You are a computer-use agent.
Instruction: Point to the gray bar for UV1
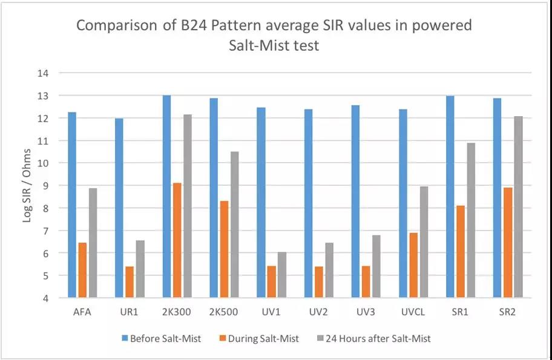point(282,275)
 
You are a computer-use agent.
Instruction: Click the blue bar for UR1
point(119,208)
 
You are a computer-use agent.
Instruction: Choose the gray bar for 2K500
point(234,224)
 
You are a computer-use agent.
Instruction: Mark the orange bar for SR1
point(461,252)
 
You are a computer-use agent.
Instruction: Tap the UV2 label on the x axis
point(318,312)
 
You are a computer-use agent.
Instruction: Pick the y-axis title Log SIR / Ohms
point(27,187)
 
